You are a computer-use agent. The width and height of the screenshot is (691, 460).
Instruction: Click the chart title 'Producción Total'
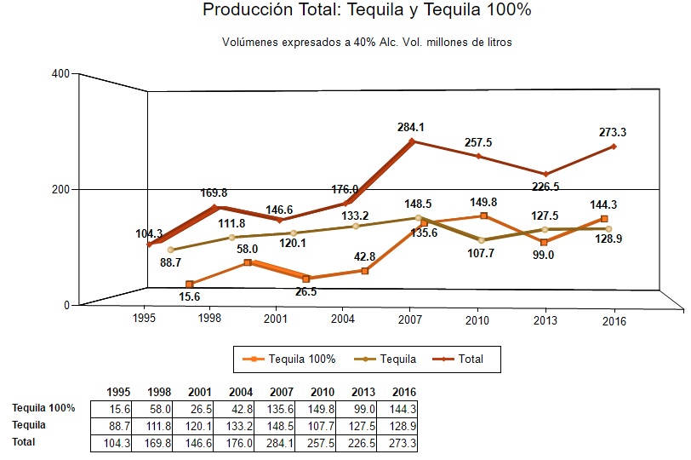tap(367, 11)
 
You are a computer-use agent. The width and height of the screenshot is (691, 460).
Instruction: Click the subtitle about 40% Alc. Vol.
tap(367, 42)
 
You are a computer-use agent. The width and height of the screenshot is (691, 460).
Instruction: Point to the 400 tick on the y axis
tap(60, 73)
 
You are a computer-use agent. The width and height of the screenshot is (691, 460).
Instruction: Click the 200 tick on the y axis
tap(60, 189)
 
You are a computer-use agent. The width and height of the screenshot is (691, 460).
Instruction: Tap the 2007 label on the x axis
tap(410, 320)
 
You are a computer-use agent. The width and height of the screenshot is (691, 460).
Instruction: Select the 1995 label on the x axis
tap(144, 320)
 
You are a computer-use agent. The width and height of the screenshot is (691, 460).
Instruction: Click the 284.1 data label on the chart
tap(410, 127)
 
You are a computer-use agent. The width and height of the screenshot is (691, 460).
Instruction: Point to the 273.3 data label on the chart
tap(614, 132)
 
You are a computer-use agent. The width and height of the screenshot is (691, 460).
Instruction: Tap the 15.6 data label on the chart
tap(190, 296)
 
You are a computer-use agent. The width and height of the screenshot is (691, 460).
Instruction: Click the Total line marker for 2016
tap(614, 147)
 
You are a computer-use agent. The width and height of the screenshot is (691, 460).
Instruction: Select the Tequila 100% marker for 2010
tap(483, 216)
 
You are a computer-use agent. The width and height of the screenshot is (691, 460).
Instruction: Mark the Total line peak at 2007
tap(411, 141)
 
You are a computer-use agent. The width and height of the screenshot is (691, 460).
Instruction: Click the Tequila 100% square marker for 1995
tap(190, 284)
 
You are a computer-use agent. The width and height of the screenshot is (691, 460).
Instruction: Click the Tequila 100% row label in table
tap(43, 408)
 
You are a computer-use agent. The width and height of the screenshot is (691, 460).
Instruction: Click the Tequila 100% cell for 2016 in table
tap(402, 408)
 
